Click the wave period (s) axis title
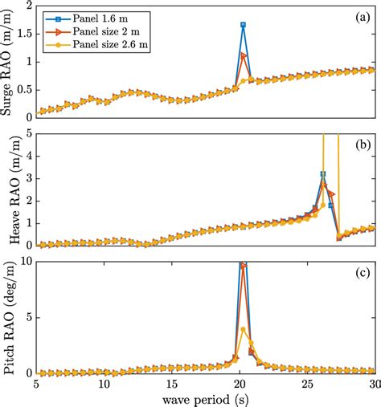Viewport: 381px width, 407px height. (205, 399)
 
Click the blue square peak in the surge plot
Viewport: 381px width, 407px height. (243, 25)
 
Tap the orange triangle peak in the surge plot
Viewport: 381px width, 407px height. (244, 55)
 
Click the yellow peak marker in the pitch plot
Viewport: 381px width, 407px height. (244, 329)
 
